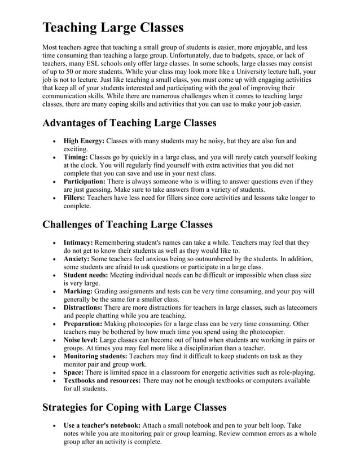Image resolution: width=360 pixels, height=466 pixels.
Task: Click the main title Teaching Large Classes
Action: tap(113, 28)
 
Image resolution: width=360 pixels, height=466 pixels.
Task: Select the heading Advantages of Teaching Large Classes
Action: tap(129, 122)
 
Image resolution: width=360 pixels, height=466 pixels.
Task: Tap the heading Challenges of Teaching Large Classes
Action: tap(128, 225)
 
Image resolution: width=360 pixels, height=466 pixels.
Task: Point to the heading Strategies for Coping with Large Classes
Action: tap(134, 407)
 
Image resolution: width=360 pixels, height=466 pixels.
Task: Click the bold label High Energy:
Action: tap(84, 140)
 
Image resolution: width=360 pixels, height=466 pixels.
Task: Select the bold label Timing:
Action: tap(76, 157)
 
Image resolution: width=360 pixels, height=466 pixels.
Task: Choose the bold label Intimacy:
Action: tap(78, 242)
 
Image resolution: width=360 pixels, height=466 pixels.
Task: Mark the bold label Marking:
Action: tap(77, 291)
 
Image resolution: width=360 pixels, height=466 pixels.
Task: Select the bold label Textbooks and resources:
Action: tap(102, 381)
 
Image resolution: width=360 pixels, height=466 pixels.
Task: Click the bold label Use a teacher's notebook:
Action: tap(102, 425)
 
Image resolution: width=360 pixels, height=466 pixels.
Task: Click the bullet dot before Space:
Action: tap(53, 373)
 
